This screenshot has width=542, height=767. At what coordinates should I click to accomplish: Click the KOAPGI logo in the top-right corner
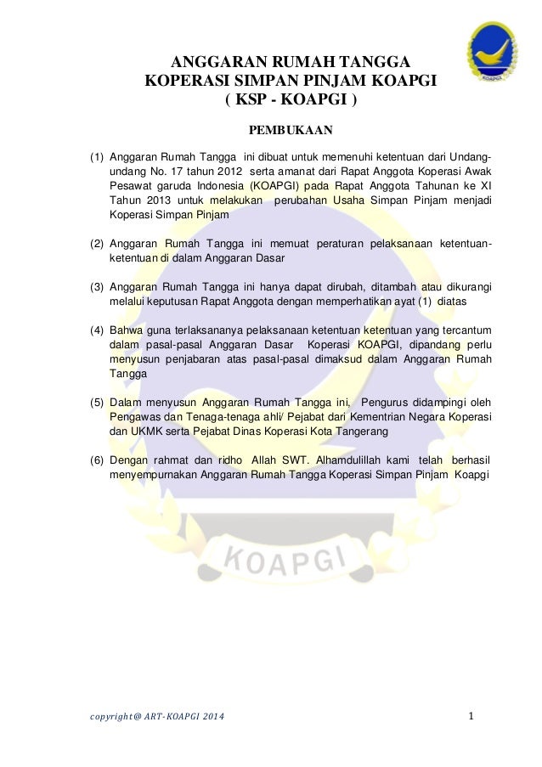(492, 53)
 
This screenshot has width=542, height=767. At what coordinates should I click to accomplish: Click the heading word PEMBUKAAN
(289, 131)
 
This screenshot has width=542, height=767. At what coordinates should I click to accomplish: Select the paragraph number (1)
(98, 157)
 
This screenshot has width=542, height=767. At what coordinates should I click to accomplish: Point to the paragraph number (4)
(98, 330)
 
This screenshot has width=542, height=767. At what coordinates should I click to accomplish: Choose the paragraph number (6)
(98, 460)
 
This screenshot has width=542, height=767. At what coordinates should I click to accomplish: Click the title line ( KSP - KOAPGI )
(291, 99)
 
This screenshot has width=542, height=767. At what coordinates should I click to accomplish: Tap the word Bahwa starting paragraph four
(127, 330)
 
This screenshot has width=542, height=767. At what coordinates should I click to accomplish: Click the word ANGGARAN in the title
(220, 63)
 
